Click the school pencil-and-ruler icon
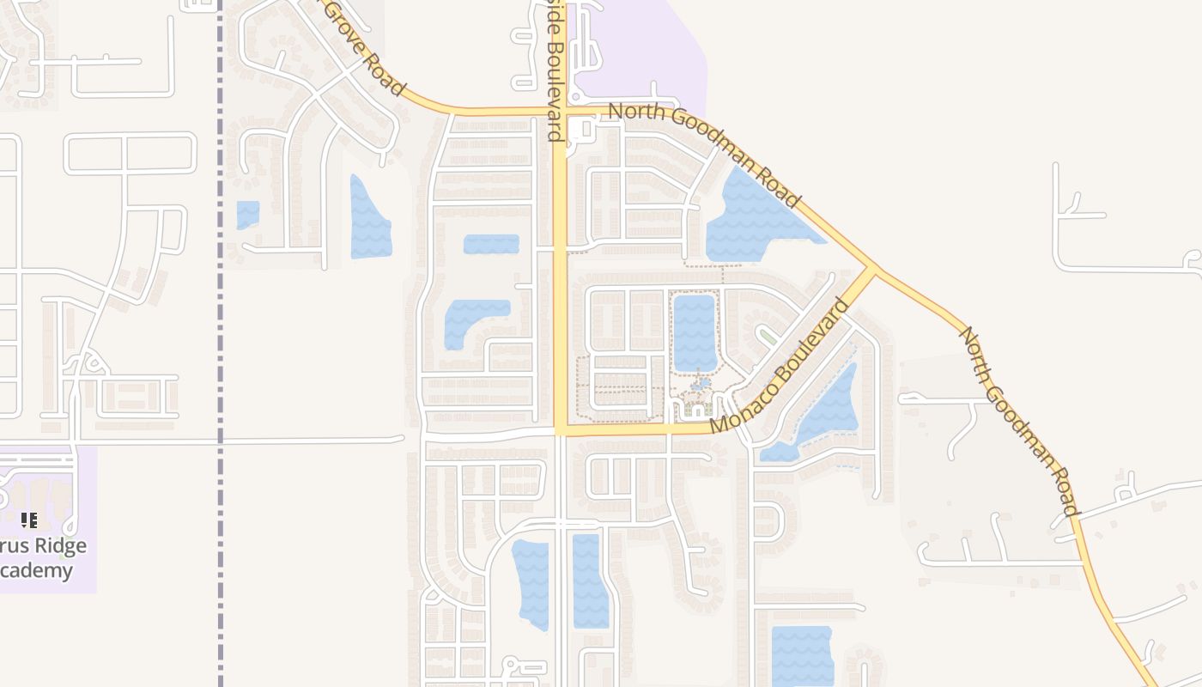(x=29, y=520)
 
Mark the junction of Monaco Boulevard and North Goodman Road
(x=873, y=269)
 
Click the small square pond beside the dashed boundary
(x=247, y=214)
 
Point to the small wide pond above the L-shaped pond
(x=491, y=244)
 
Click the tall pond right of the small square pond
(x=369, y=219)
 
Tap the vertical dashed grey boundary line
(x=220, y=343)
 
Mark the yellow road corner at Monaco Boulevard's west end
(x=560, y=429)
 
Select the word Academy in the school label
(x=36, y=570)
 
